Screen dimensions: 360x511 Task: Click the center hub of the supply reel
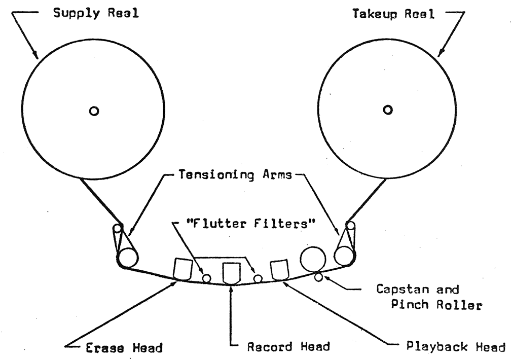94,111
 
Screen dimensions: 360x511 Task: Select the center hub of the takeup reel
387,110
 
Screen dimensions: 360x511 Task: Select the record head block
231,273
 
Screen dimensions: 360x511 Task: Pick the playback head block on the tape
279,269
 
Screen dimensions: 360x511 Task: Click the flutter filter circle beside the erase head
206,278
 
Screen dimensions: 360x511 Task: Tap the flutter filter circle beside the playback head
258,278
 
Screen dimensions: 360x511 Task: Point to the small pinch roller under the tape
318,277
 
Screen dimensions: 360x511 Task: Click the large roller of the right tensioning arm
343,255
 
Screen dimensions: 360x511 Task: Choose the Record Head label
288,347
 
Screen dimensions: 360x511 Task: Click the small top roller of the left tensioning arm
117,229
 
